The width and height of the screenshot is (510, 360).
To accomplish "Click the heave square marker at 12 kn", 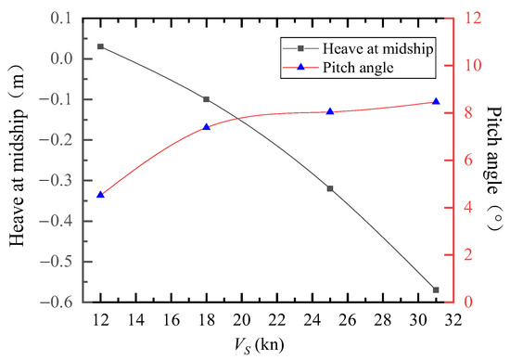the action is pos(100,46).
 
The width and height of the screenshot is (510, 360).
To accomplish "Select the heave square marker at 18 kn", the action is pos(206,99).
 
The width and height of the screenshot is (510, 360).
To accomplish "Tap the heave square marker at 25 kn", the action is pos(330,188).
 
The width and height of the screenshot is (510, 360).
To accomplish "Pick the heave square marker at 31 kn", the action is pos(436,289).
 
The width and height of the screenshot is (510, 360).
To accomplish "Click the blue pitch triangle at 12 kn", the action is pos(100,195).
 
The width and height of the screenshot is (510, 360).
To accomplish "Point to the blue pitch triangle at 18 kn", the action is pos(206,127).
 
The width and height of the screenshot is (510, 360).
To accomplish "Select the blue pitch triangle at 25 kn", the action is pos(330,111).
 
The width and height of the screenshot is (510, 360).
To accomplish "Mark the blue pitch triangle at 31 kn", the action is pos(436,101).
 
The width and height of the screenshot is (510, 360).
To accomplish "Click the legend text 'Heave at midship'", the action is pos(378,48).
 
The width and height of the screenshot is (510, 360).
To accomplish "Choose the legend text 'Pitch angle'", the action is pos(358,68).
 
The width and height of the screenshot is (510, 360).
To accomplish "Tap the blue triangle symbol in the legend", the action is pos(301,67).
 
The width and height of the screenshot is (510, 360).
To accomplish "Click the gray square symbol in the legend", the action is pos(301,48).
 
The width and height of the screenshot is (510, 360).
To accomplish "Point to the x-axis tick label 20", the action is pos(241,320).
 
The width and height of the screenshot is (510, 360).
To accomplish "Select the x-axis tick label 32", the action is pos(453,320).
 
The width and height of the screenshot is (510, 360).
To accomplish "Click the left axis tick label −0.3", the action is pos(59,180).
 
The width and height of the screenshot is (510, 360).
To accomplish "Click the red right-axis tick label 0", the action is pos(460,302).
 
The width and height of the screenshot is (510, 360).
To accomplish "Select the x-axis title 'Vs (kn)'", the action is pos(259,345).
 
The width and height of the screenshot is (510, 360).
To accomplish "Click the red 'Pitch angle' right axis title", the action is pos(494,168).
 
